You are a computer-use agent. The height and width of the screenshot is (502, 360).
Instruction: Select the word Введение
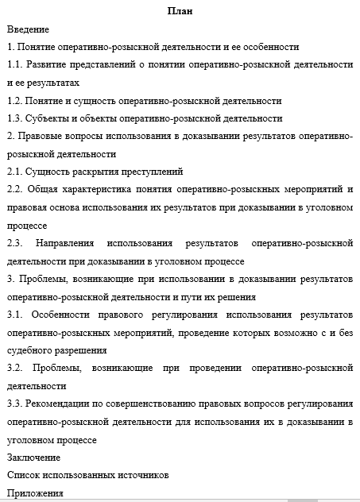tap(27, 29)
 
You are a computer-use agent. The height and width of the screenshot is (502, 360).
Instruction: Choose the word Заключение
tap(33, 457)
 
